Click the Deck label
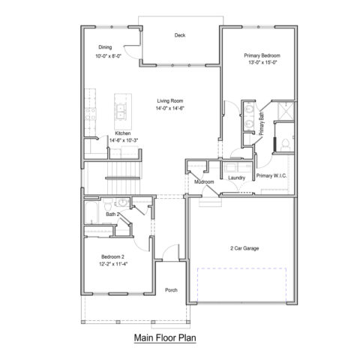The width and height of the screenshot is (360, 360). click(x=180, y=35)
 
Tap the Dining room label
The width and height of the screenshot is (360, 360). click(x=105, y=47)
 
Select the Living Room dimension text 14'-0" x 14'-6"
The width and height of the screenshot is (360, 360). click(x=170, y=108)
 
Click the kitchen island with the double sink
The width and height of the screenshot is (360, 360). click(x=123, y=111)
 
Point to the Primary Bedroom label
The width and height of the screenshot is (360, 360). click(x=262, y=55)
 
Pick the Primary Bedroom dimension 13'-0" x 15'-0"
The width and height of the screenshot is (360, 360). click(x=262, y=62)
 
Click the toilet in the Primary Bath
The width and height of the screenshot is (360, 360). click(x=285, y=145)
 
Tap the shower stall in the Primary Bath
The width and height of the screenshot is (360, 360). click(x=286, y=111)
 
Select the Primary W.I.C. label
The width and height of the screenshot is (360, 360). click(x=271, y=175)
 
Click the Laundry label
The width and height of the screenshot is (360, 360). click(x=236, y=178)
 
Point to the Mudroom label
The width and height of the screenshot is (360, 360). click(x=204, y=181)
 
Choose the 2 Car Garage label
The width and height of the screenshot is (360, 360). click(x=244, y=248)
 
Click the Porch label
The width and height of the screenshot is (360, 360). click(x=171, y=290)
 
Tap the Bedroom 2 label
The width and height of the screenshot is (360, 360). click(x=112, y=256)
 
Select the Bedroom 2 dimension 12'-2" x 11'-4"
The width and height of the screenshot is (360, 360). click(x=113, y=264)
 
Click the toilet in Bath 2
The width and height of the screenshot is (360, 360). click(x=108, y=205)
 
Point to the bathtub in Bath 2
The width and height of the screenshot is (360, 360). click(x=91, y=213)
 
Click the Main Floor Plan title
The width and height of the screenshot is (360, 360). click(x=165, y=337)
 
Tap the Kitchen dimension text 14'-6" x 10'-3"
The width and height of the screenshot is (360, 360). click(x=124, y=140)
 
